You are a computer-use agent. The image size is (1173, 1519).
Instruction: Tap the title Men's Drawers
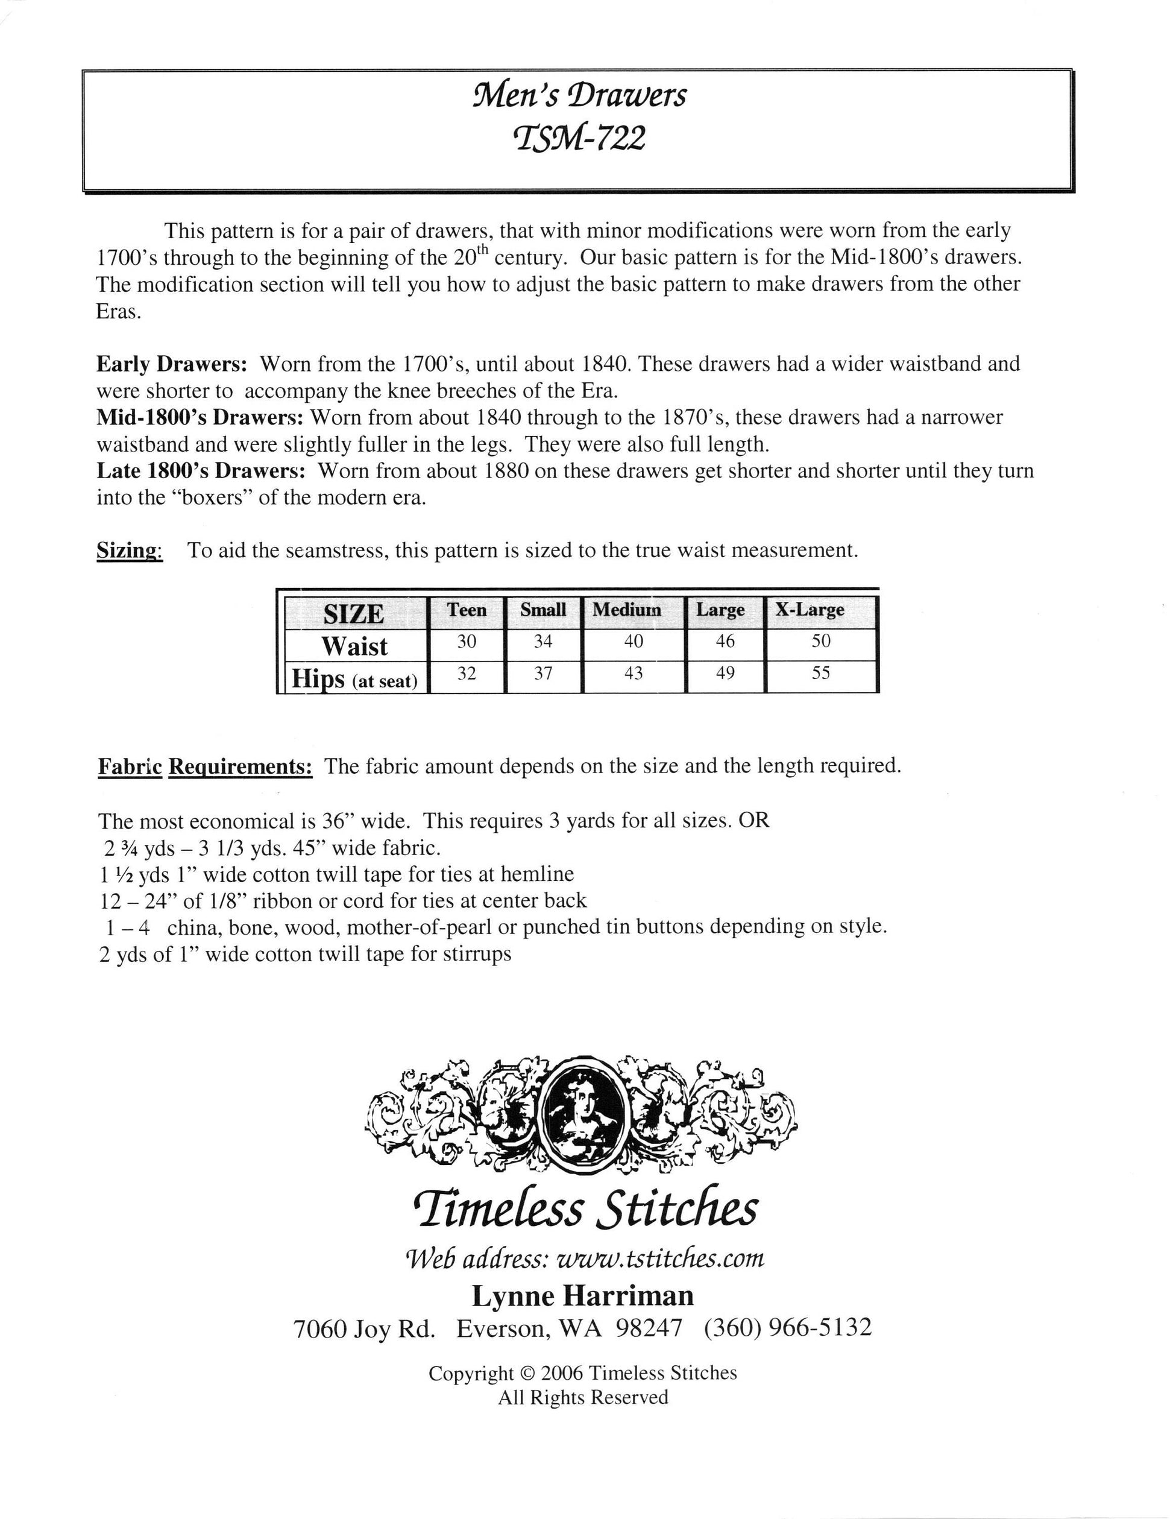tap(579, 95)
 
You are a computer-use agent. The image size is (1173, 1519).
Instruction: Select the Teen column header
tap(466, 610)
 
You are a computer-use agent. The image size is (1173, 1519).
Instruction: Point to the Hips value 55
tap(820, 673)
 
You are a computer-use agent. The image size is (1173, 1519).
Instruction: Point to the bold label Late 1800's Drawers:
tap(201, 471)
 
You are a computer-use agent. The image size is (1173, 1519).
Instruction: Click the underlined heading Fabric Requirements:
tap(204, 766)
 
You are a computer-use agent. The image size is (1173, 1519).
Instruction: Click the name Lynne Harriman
tap(583, 1296)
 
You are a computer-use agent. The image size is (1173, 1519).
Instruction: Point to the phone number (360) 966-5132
tap(787, 1328)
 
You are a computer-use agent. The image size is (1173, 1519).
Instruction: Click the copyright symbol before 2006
tap(528, 1374)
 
